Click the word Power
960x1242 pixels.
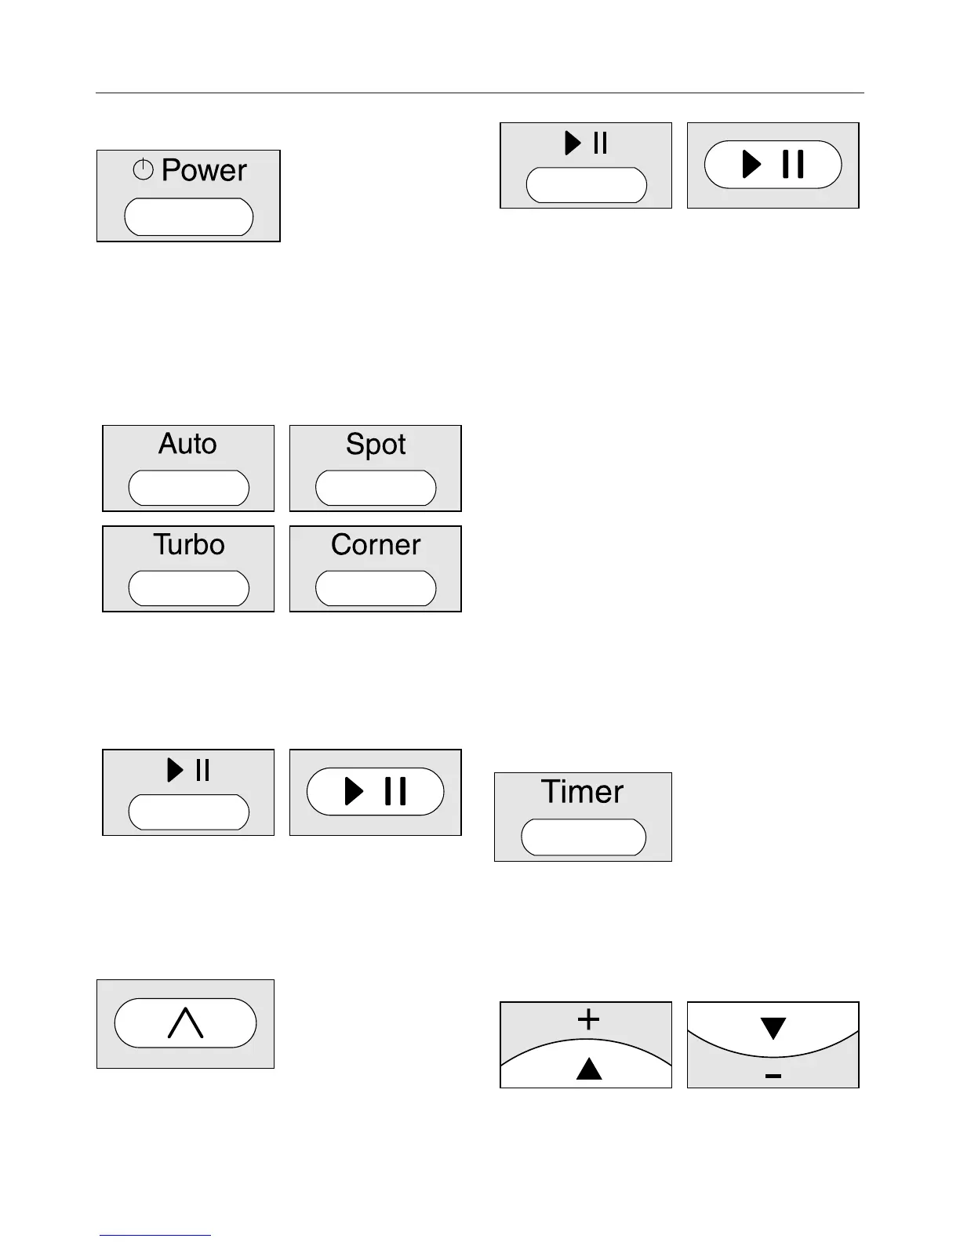tap(204, 170)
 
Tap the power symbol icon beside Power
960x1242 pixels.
tap(143, 169)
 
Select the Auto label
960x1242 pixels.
tap(187, 444)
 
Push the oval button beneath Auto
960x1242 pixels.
tap(188, 488)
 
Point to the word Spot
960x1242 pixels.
tap(376, 445)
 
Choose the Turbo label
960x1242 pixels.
tap(188, 544)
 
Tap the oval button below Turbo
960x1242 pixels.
tap(188, 588)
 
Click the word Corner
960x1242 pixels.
tap(376, 544)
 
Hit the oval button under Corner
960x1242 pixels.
tap(376, 588)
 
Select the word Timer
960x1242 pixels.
tap(582, 791)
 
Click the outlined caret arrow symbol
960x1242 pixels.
tap(186, 1023)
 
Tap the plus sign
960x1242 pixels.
tap(588, 1019)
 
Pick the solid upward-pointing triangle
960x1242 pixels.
tap(589, 1069)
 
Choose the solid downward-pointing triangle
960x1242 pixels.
tap(773, 1028)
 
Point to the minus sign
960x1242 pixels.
tap(773, 1076)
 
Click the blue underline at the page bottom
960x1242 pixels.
tap(155, 1235)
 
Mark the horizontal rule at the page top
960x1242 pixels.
tap(479, 93)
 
